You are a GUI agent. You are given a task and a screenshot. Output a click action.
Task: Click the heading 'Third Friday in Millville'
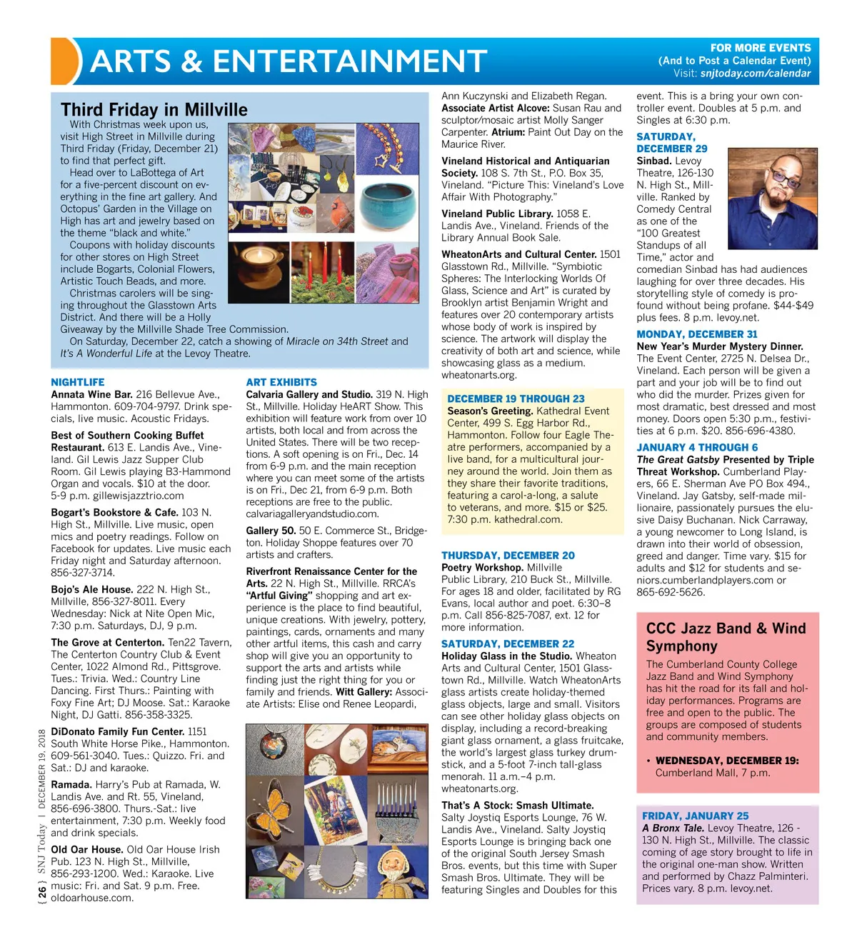pos(154,109)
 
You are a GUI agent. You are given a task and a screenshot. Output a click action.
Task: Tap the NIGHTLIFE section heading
pos(78,382)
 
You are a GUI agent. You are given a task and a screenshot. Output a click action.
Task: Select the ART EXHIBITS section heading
pos(281,382)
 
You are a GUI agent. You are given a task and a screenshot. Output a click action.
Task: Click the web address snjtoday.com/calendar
pos(756,74)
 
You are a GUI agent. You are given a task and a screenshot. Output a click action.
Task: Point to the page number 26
pos(42,892)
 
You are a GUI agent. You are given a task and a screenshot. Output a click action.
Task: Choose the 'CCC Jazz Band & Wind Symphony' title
pos(726,637)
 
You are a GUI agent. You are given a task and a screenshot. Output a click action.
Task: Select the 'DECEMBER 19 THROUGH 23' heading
pos(516,399)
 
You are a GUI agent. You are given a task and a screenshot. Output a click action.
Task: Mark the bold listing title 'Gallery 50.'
pos(271,531)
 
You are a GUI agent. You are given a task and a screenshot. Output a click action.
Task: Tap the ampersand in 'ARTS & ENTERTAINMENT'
pos(191,61)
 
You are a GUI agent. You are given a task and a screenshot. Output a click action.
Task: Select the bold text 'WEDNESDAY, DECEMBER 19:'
pos(727,761)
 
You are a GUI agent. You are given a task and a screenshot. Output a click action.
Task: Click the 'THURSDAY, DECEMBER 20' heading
pos(508,556)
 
